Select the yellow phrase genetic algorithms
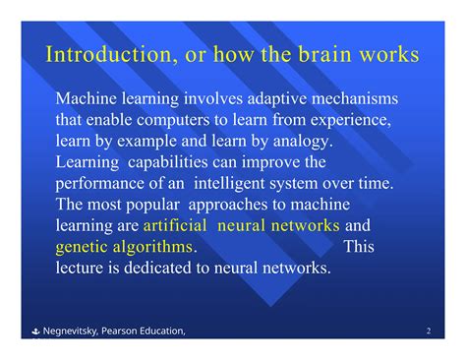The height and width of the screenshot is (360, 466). point(124,246)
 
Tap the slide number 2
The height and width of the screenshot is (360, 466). point(431,330)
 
